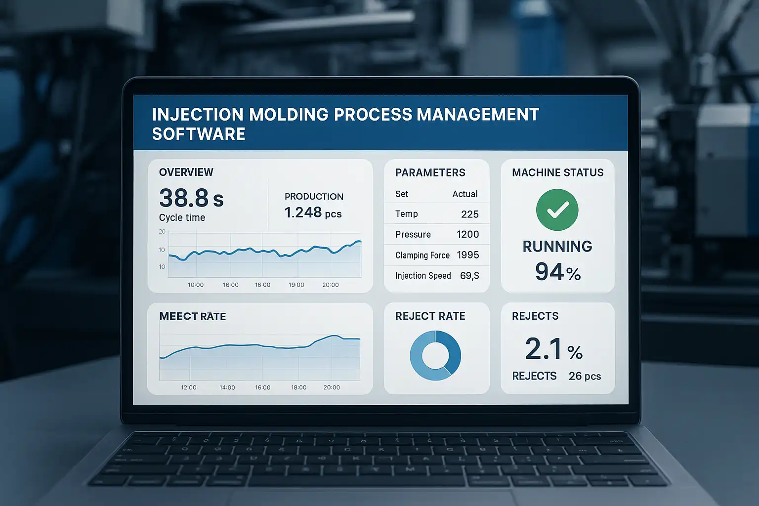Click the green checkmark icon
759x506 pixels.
[x=557, y=210]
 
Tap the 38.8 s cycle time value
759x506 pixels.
[x=191, y=198]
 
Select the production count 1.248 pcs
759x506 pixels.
[x=313, y=212]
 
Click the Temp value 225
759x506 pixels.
[x=469, y=214]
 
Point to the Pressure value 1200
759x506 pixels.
[x=467, y=234]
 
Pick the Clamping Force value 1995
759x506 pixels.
[x=467, y=255]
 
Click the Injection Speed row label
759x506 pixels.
[x=423, y=276]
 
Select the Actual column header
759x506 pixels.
[x=465, y=194]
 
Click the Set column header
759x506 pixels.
[x=402, y=194]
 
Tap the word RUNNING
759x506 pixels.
[x=557, y=246]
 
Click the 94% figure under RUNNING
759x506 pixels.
[x=558, y=272]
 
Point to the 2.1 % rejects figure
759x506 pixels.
[x=554, y=349]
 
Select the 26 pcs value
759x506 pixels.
[x=585, y=376]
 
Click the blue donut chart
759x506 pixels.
[x=435, y=355]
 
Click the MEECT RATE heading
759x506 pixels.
[x=192, y=316]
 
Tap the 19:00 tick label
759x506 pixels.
[x=296, y=285]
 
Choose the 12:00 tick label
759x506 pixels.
[x=189, y=387]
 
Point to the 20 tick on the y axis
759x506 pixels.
[x=162, y=232]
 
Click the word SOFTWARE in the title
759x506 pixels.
[x=199, y=134]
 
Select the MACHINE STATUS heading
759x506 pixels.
[x=557, y=172]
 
